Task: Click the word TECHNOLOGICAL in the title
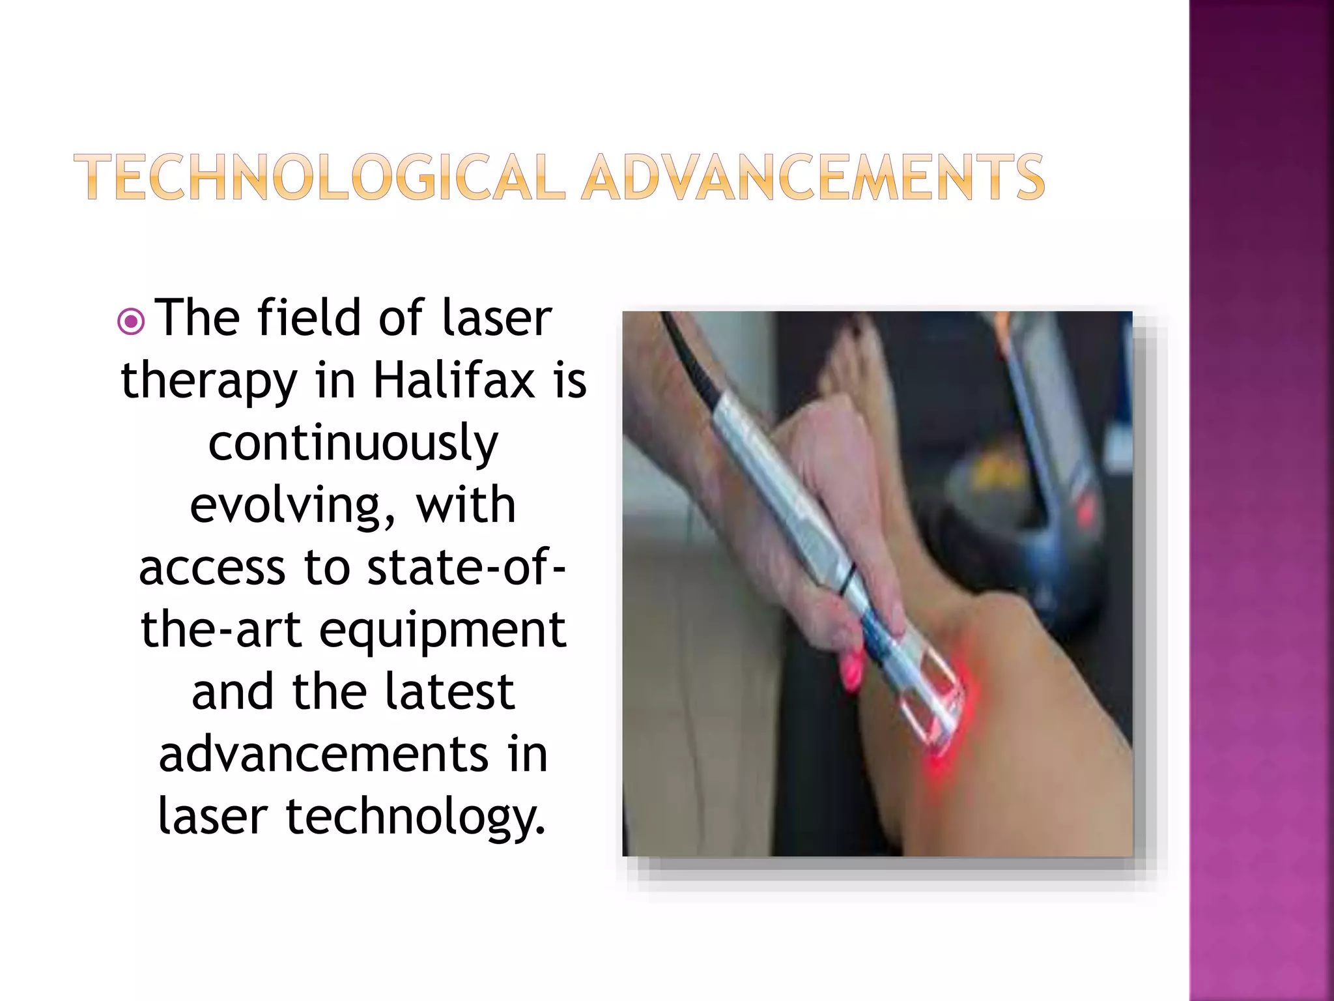[x=319, y=177]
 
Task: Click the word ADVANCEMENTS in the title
[x=813, y=177]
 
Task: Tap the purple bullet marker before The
[x=131, y=321]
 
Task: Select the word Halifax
[x=454, y=381]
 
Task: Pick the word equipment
[x=442, y=630]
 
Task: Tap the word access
[x=212, y=568]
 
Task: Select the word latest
[x=449, y=692]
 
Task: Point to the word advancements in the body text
[x=323, y=755]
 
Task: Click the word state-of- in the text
[x=466, y=568]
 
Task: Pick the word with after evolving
[x=466, y=505]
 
